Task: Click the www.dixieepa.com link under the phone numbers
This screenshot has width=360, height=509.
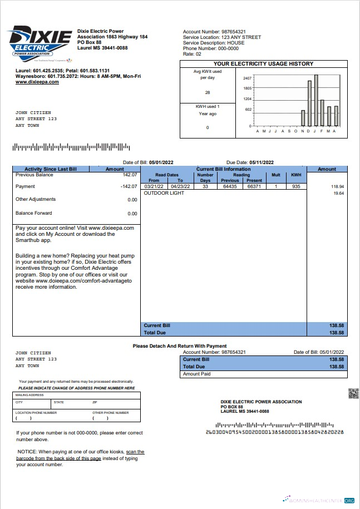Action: point(37,82)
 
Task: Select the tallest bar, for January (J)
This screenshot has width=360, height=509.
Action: point(315,100)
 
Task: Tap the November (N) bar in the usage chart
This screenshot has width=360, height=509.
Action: point(303,118)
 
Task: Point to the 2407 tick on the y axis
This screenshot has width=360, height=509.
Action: point(248,78)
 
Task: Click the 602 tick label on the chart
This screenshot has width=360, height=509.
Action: point(249,110)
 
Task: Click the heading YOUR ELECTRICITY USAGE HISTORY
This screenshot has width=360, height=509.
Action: point(263,63)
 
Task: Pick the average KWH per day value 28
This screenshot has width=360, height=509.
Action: point(208,92)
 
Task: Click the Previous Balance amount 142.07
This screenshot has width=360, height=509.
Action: point(130,175)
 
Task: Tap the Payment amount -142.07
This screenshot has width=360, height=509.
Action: point(129,186)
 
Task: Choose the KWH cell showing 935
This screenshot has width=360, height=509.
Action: point(296,186)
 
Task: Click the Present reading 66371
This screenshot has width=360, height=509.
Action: point(254,186)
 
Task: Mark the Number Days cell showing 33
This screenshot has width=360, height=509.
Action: point(205,186)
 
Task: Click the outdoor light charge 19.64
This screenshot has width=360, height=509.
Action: point(338,193)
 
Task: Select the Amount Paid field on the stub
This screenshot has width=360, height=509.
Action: point(263,374)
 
